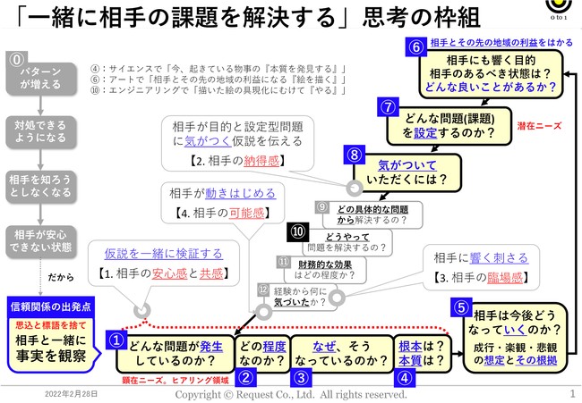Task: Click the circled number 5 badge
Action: pos(461,306)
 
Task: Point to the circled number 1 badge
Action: pos(116,340)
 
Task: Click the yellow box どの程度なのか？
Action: pos(262,353)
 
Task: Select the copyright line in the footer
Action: pos(290,393)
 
